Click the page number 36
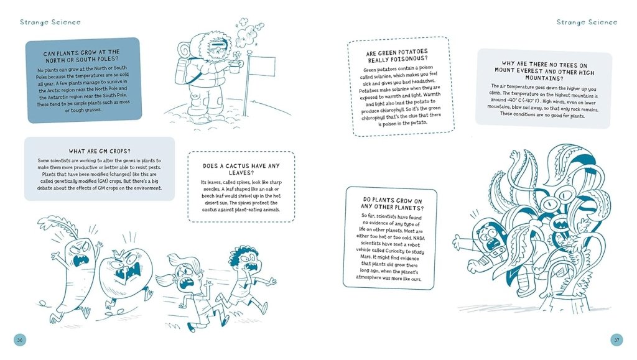click(20, 339)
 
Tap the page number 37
click(616, 339)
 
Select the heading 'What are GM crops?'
click(100, 151)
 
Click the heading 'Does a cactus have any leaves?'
click(241, 169)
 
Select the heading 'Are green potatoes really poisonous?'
click(397, 56)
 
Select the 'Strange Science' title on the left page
click(50, 22)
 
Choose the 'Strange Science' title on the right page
click(587, 22)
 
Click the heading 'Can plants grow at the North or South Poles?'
click(81, 55)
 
